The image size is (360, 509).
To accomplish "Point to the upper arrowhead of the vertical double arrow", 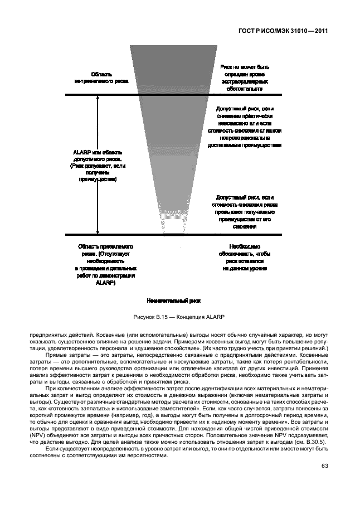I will click(x=98, y=98).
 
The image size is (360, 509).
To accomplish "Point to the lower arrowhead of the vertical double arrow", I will click(x=98, y=232).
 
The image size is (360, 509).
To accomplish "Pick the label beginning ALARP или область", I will click(x=98, y=166).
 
